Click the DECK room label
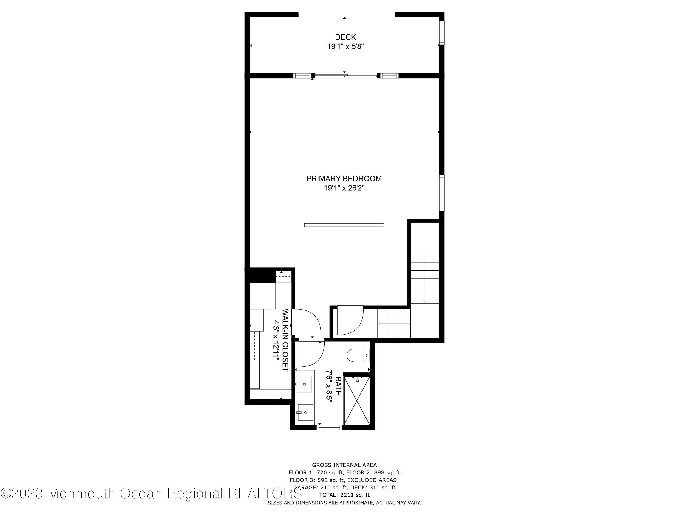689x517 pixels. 345,37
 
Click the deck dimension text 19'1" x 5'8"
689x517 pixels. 345,47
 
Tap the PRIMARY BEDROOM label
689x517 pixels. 344,179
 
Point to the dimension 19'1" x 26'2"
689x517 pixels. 344,188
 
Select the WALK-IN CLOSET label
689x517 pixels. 285,340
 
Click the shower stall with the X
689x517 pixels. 357,401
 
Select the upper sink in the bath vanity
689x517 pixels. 304,384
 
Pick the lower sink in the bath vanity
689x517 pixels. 305,413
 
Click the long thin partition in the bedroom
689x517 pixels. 344,225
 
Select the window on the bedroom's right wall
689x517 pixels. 442,193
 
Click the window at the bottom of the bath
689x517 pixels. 329,427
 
